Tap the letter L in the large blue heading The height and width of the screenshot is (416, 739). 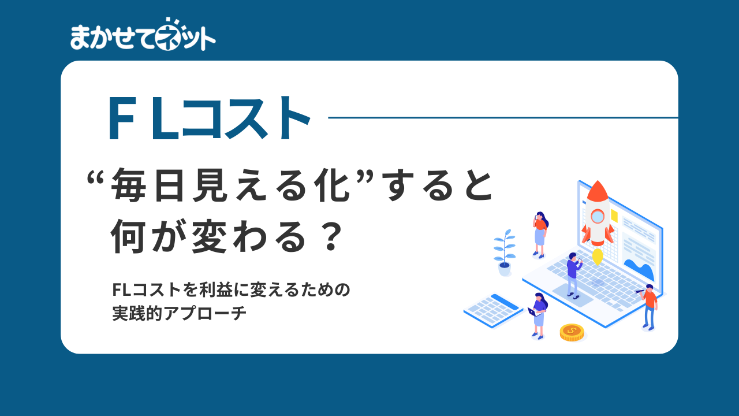[x=165, y=118]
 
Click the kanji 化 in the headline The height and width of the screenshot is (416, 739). [x=332, y=185]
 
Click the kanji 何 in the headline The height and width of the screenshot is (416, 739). [x=128, y=236]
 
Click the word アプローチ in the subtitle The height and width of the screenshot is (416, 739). [x=205, y=313]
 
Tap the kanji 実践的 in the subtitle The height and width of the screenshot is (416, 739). [x=137, y=313]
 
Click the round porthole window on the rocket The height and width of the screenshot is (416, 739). [x=597, y=217]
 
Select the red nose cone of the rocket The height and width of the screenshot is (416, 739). [x=598, y=191]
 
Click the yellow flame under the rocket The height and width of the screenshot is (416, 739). [x=598, y=257]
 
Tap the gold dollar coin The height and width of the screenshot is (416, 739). [x=572, y=332]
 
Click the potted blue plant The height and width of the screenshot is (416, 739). [x=505, y=252]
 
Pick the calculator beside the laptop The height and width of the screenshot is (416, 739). [x=493, y=311]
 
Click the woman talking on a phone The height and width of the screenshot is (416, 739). [x=540, y=235]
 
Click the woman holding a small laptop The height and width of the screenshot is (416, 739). [x=538, y=316]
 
